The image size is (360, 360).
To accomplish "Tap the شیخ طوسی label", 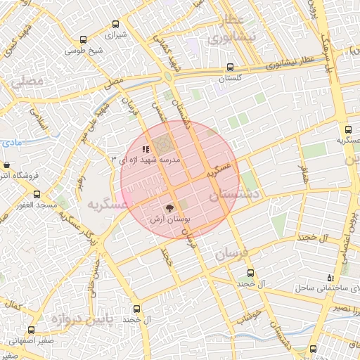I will click(84, 51).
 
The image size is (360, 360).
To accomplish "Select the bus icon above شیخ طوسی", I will click(84, 39).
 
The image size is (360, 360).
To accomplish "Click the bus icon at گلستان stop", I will click(230, 67).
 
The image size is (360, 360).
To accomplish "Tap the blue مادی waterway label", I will click(12, 143).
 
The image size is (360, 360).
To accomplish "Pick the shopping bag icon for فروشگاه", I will click(6, 165).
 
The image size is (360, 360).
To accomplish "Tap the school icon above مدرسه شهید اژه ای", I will click(146, 149).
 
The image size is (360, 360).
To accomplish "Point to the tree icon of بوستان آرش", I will click(168, 208).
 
